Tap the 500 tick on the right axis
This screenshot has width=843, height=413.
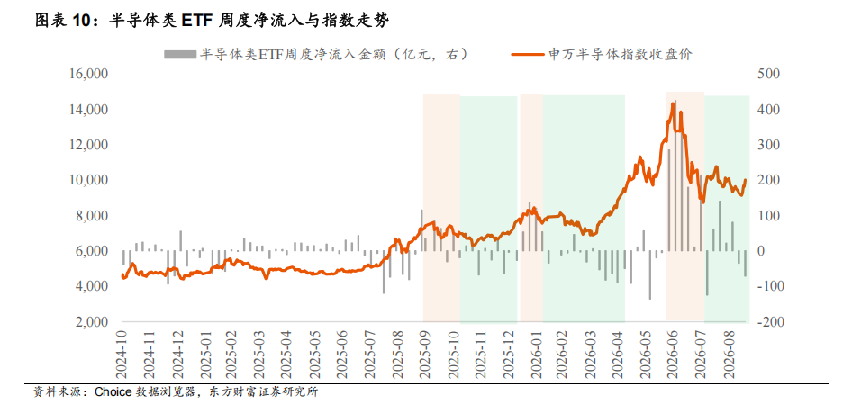pos(767,74)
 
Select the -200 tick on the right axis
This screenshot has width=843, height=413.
pos(767,322)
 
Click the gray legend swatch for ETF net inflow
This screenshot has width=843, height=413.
pos(180,54)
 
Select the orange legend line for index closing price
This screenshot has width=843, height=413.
pos(528,54)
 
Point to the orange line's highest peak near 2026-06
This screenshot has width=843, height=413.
pos(672,103)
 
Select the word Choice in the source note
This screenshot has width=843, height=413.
pos(113,392)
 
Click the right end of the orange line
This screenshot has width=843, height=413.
pos(745,181)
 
